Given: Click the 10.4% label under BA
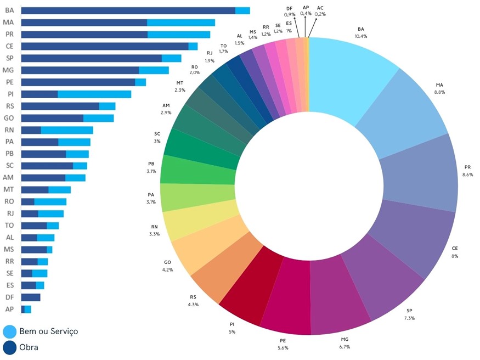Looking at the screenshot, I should (360, 36).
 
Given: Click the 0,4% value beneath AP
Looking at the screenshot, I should (306, 14).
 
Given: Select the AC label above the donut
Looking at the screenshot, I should (320, 7).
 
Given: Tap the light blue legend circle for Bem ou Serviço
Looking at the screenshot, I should (10, 331).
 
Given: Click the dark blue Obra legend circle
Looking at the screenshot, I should (10, 347).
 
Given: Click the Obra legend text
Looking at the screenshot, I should (29, 347).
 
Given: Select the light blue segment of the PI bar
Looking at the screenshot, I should (94, 94).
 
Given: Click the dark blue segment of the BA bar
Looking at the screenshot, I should (128, 10).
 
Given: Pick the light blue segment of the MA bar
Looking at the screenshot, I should (181, 22).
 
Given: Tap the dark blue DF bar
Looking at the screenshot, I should (31, 297).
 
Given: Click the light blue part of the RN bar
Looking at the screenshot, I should (67, 130).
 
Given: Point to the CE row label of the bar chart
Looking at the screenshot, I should (9, 46).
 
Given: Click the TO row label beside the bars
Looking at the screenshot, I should (9, 226).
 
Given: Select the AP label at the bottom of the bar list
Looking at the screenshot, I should (9, 310).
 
